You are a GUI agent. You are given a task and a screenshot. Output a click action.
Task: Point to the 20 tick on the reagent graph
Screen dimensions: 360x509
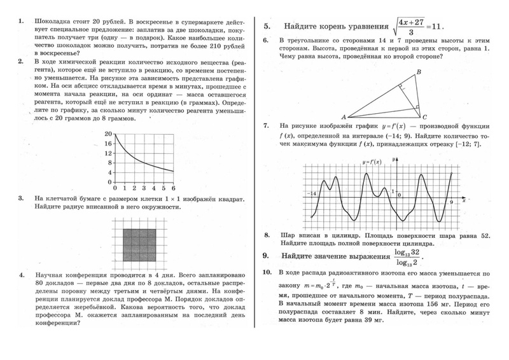pyautogui.click(x=108, y=134)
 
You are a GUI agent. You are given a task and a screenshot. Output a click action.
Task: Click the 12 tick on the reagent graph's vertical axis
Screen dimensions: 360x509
pyautogui.click(x=108, y=153)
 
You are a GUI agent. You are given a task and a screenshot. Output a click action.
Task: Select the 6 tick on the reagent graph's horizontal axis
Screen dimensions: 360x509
pyautogui.click(x=172, y=189)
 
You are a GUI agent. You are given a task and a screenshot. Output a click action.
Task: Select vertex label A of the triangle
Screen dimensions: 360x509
pyautogui.click(x=344, y=118)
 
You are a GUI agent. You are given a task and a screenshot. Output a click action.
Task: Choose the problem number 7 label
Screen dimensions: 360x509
pyautogui.click(x=267, y=126)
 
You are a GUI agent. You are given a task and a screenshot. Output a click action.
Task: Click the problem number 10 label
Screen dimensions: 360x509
pyautogui.click(x=267, y=272)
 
